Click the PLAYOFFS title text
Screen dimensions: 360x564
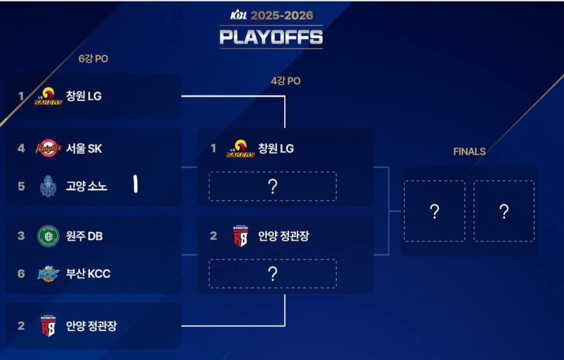pyautogui.click(x=271, y=37)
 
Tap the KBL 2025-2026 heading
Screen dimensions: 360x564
pyautogui.click(x=271, y=15)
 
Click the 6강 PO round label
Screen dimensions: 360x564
pyautogui.click(x=93, y=59)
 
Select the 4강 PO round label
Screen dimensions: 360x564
pyautogui.click(x=286, y=81)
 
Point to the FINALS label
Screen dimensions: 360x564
pyautogui.click(x=469, y=152)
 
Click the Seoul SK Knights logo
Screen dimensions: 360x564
pyautogui.click(x=48, y=148)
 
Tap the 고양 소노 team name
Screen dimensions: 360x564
pyautogui.click(x=86, y=186)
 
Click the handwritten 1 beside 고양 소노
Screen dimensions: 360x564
pyautogui.click(x=135, y=185)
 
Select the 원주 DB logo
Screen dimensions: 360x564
pyautogui.click(x=48, y=236)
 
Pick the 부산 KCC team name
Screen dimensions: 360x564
pyautogui.click(x=88, y=274)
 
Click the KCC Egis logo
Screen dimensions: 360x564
pyautogui.click(x=48, y=274)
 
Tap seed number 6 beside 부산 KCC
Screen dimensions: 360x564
pyautogui.click(x=21, y=274)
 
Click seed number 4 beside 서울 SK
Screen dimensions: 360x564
pyautogui.click(x=21, y=148)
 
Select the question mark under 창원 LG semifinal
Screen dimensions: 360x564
pyautogui.click(x=273, y=187)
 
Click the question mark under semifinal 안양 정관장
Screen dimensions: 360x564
pyautogui.click(x=273, y=274)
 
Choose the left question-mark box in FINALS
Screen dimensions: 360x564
pyautogui.click(x=435, y=212)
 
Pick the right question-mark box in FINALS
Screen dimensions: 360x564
pyautogui.click(x=504, y=212)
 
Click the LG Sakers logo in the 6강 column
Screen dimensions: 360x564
pyautogui.click(x=48, y=96)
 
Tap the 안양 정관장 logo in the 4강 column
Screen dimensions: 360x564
pyautogui.click(x=240, y=236)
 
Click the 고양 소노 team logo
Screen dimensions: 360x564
pyautogui.click(x=48, y=186)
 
